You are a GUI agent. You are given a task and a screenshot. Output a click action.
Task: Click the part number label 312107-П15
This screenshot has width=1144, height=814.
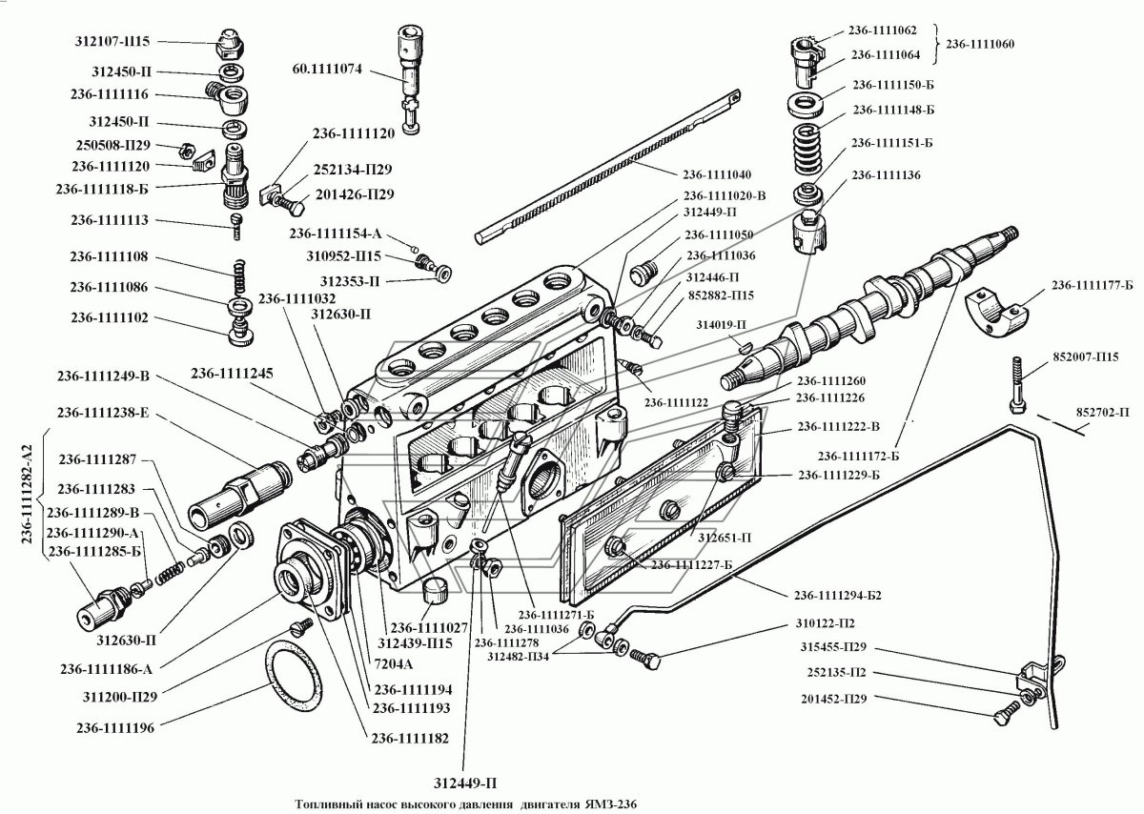(112, 42)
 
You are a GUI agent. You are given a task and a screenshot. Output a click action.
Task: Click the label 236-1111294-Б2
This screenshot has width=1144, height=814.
(836, 596)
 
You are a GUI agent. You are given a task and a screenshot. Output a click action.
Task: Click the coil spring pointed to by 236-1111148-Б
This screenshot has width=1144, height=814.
(806, 143)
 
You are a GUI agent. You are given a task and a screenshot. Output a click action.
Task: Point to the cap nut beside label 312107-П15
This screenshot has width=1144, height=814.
(230, 43)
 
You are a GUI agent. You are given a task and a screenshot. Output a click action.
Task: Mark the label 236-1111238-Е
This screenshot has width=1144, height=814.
(107, 413)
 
